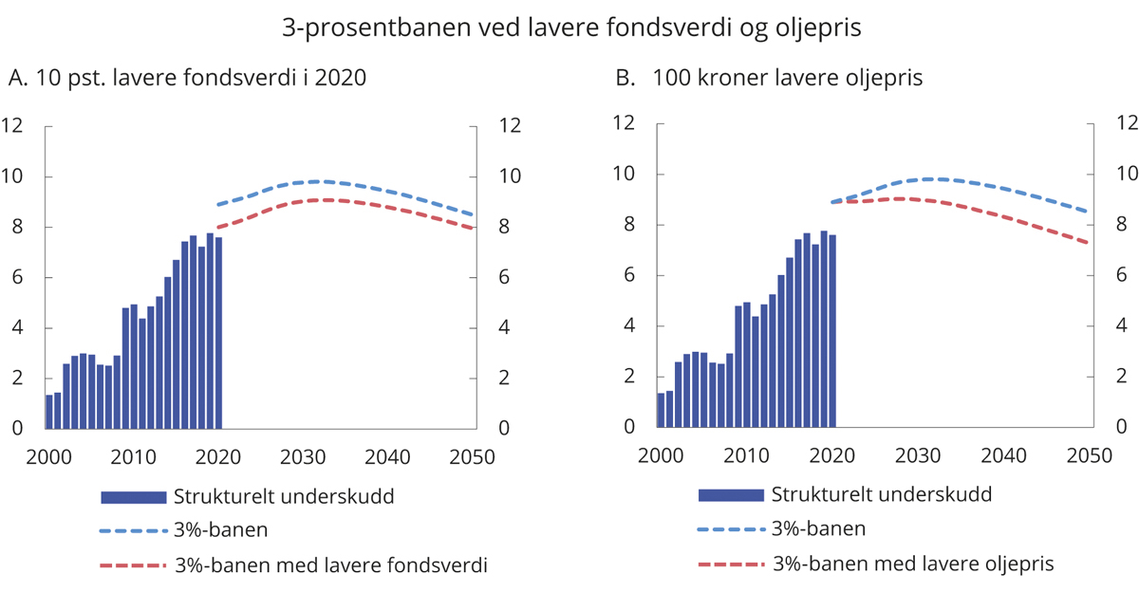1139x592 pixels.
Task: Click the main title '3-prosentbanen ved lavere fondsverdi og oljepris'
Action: pos(571,28)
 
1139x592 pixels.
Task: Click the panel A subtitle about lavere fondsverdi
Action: pos(186,80)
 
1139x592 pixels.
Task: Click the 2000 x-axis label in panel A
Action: pos(47,456)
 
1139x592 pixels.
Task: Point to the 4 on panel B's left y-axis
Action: pos(627,326)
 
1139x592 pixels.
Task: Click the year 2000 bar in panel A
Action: pos(48,411)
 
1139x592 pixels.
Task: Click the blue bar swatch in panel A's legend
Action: pos(132,497)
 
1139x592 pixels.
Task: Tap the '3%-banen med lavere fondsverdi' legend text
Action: pos(331,566)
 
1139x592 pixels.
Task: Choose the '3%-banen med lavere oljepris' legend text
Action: pos(913,564)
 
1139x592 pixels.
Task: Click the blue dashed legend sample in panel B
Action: pos(730,529)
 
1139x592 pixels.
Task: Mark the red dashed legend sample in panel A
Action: pos(132,566)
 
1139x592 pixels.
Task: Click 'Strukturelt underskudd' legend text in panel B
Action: pos(882,494)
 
